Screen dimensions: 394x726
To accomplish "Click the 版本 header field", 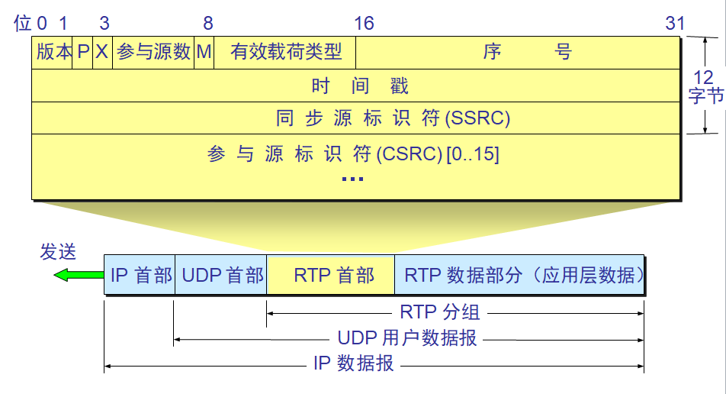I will point(53,52).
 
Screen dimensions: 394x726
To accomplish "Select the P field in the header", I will point(83,52).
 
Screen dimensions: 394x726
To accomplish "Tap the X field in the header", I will point(102,52).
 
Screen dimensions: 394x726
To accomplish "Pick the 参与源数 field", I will point(153,52).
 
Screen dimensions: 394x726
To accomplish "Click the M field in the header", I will point(204,52).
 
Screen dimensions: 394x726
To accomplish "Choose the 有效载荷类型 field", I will point(285,52).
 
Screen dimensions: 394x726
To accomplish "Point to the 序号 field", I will point(518,52).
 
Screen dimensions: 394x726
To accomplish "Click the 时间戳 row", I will point(355,86).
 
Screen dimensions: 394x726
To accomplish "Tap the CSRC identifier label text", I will point(353,154).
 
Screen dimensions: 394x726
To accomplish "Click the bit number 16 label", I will point(364,23).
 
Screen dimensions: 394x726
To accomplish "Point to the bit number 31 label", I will point(675,23).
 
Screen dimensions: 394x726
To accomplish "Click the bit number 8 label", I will point(208,23).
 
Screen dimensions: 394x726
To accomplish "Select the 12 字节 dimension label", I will point(705,86).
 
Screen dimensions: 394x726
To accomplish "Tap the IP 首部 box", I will point(140,275).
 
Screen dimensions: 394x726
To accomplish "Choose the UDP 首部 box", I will point(221,275).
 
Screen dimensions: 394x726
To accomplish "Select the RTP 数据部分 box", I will point(520,275).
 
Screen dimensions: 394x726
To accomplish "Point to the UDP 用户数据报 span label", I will point(407,337).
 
